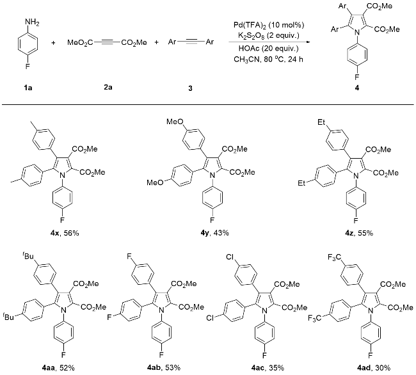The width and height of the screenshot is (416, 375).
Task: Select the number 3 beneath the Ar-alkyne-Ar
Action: point(189,88)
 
